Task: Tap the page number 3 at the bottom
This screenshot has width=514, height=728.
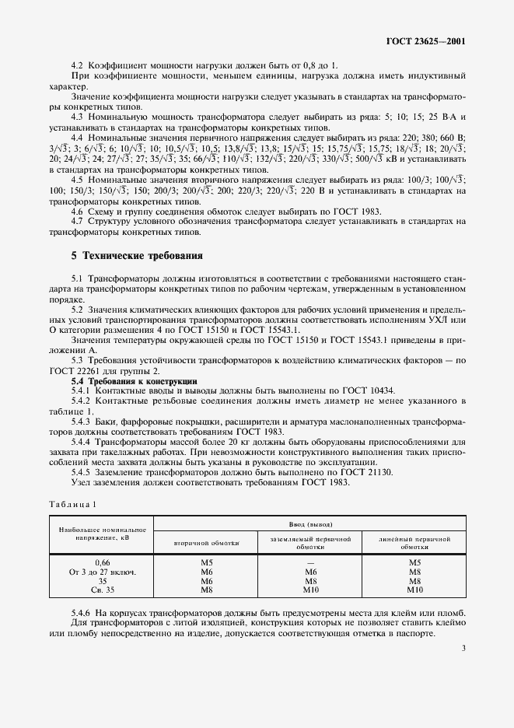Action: [x=463, y=647]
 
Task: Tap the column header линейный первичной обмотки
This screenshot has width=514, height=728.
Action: [x=414, y=541]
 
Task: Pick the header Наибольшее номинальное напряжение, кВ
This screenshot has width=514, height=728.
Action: [x=92, y=533]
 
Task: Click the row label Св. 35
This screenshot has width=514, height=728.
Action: [x=92, y=590]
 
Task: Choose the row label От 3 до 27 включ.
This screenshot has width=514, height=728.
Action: [x=92, y=571]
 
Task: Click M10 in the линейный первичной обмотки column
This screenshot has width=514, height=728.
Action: [x=414, y=590]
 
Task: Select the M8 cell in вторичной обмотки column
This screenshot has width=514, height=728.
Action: [x=207, y=590]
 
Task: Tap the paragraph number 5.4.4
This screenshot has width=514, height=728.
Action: [x=82, y=441]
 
